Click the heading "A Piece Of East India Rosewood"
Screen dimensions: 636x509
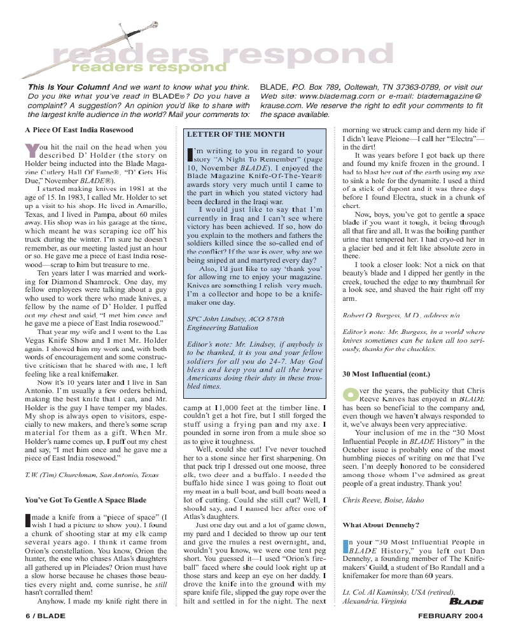click(79, 130)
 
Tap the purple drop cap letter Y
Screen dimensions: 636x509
click(31, 150)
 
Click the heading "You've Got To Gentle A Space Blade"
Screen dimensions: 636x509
click(85, 499)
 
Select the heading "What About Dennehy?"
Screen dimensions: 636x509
click(380, 525)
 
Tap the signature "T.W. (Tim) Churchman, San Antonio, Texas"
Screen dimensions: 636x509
click(92, 474)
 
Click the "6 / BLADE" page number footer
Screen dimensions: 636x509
click(44, 616)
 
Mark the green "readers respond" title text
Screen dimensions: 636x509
click(148, 66)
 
